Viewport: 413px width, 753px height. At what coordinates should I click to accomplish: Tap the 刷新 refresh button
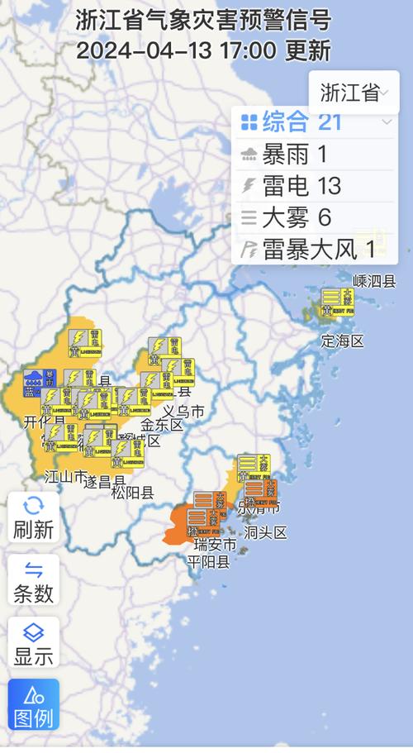(x=33, y=517)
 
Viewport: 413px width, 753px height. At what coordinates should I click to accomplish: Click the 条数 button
(x=33, y=579)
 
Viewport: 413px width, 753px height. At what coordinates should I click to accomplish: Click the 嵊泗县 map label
(x=374, y=281)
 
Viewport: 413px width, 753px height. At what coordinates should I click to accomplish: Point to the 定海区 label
(x=342, y=341)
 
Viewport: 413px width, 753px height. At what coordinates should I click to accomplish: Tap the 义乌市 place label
(x=183, y=411)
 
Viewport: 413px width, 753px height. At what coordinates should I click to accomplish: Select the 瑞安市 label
(x=215, y=546)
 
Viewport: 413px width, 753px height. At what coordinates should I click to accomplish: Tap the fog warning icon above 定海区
(x=337, y=302)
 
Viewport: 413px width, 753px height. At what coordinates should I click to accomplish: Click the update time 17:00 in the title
(x=247, y=50)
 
